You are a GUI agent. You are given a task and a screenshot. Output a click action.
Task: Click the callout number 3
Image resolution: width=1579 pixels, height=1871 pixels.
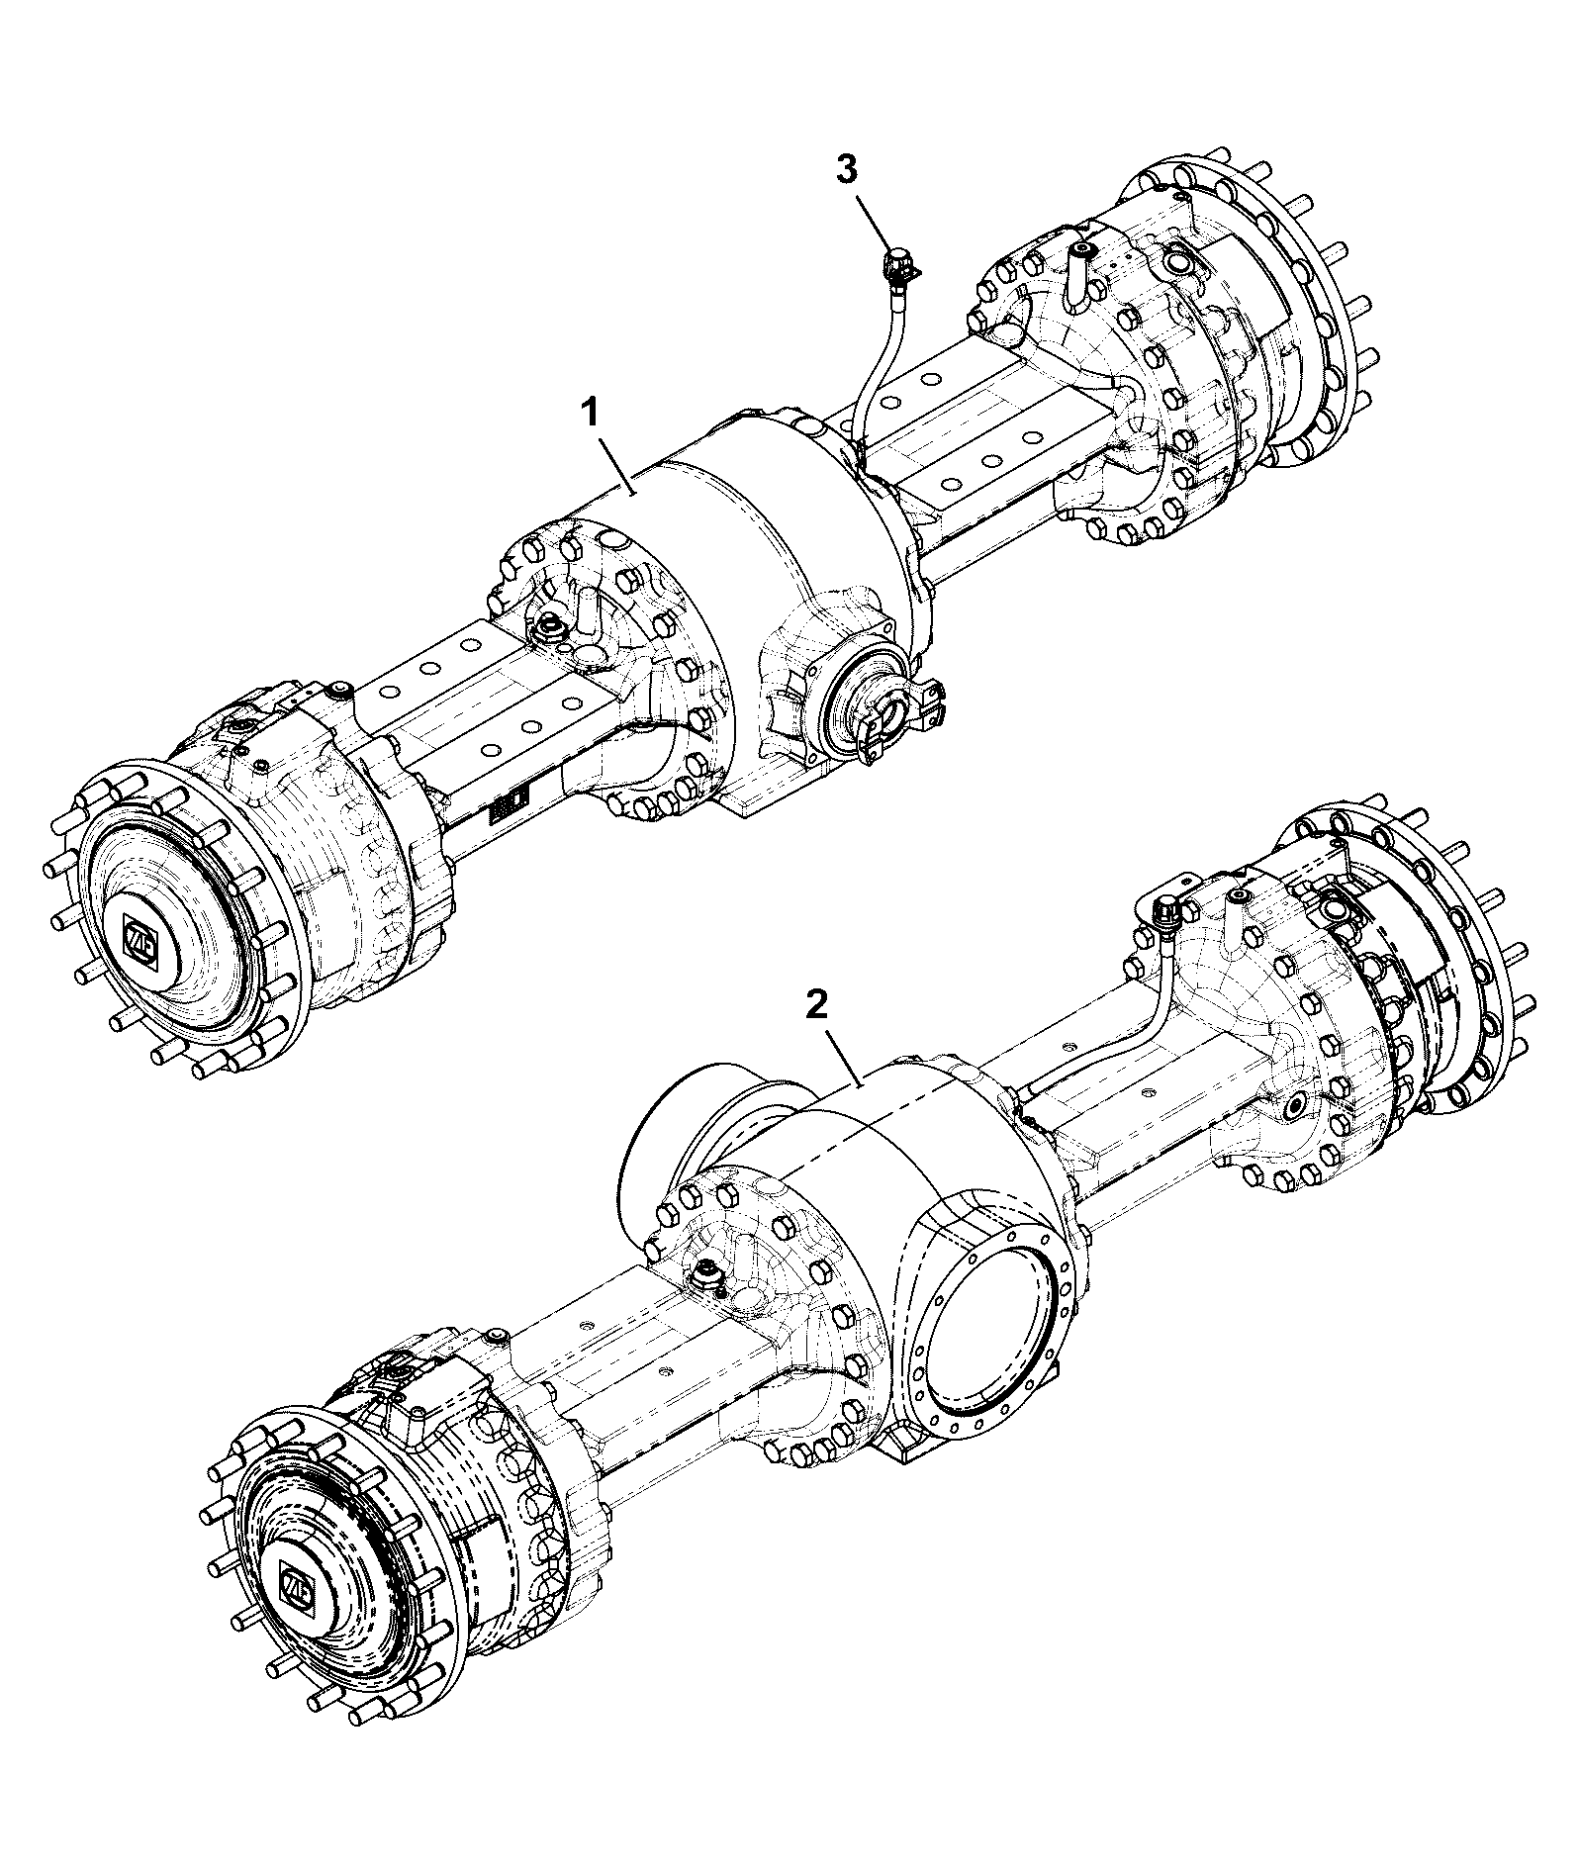(x=847, y=169)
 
